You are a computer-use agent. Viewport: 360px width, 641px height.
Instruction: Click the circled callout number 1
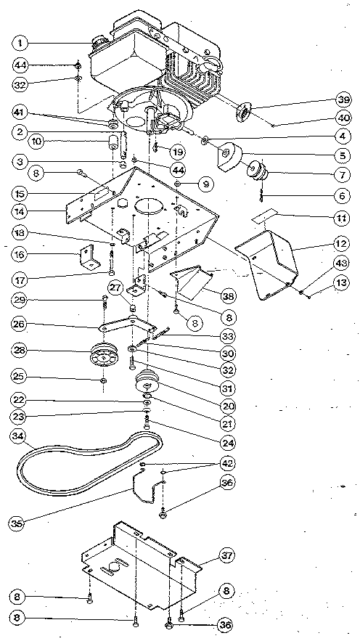click(x=22, y=42)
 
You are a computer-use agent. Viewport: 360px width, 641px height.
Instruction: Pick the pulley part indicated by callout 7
click(x=256, y=171)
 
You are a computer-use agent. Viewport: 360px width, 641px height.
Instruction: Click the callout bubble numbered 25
click(x=22, y=378)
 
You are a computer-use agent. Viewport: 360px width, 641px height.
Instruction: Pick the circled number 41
click(x=22, y=113)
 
